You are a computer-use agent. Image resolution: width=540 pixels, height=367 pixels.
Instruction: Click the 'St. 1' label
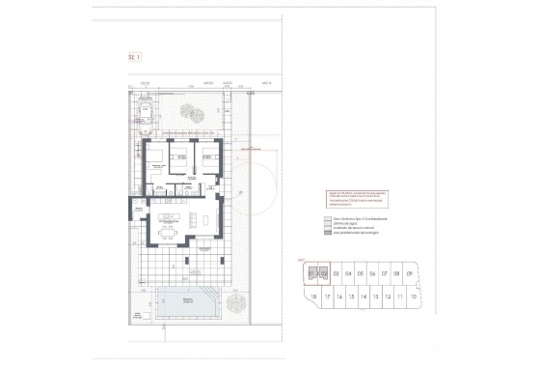pyautogui.click(x=134, y=58)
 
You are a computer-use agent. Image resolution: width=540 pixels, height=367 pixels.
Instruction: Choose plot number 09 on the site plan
pyautogui.click(x=411, y=273)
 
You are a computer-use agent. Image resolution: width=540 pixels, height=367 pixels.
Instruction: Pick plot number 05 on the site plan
pyautogui.click(x=362, y=273)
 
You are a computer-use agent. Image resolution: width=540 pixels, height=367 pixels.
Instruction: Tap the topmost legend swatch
pyautogui.click(x=327, y=218)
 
